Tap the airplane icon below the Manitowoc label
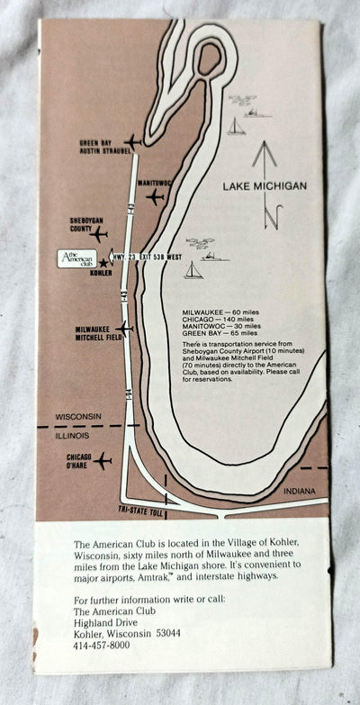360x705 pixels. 156,195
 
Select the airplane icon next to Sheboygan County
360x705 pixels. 99,232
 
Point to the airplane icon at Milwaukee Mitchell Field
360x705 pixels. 124,329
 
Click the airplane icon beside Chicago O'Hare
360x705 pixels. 102,460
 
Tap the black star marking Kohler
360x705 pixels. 104,263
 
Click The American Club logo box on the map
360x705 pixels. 76,258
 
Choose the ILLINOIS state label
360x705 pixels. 75,434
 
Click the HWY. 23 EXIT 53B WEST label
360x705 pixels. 145,256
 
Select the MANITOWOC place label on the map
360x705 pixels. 154,182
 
